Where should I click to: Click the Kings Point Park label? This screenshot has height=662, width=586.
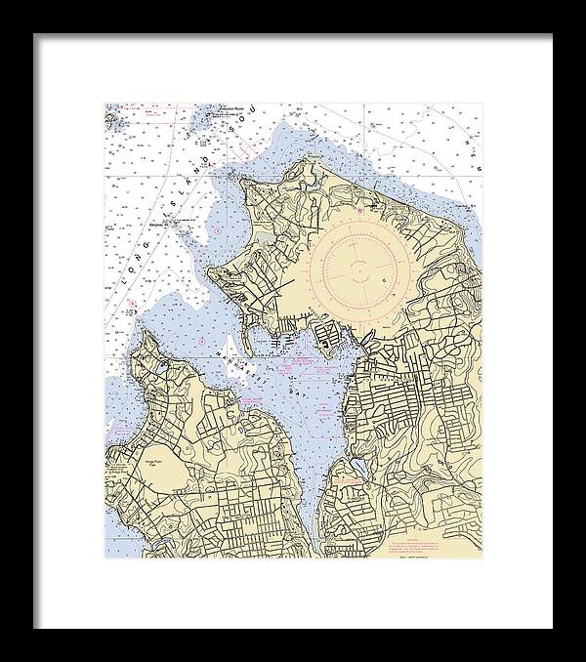tap(156, 462)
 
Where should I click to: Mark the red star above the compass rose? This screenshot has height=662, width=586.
tap(359, 210)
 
